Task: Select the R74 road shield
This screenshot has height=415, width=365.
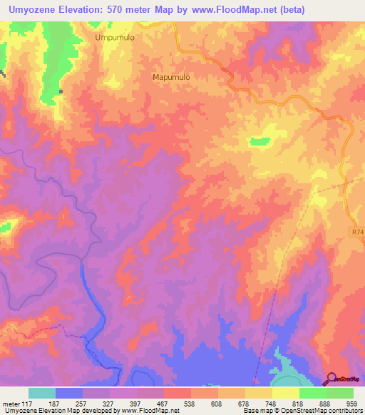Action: [358, 232]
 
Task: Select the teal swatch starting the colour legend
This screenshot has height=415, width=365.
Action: [42, 393]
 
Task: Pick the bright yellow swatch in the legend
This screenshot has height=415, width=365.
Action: [286, 393]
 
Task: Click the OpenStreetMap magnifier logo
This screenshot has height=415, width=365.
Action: [331, 379]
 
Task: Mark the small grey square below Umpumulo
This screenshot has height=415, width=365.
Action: [61, 91]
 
